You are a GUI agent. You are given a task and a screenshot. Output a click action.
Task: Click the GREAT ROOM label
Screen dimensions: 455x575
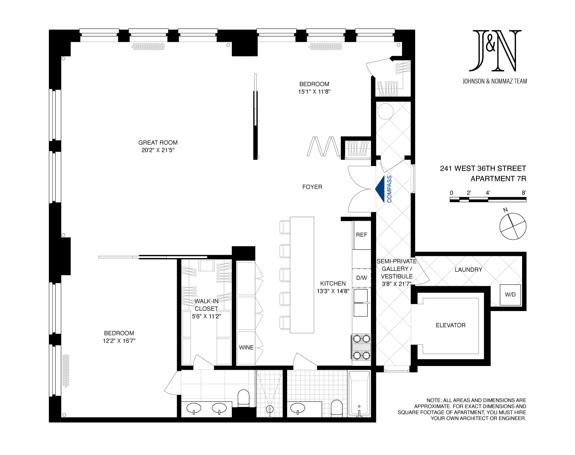(158, 143)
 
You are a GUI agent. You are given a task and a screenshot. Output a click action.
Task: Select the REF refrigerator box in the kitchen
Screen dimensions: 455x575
(361, 235)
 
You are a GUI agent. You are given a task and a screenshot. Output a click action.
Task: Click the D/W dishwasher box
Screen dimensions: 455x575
(361, 278)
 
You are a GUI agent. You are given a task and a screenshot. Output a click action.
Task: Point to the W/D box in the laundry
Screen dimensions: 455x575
(510, 295)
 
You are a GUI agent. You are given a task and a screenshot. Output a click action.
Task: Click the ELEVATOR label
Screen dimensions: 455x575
(450, 325)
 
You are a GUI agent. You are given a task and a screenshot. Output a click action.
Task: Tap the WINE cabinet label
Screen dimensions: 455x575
(246, 348)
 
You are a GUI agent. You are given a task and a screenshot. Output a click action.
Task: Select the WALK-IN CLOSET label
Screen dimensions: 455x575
(206, 305)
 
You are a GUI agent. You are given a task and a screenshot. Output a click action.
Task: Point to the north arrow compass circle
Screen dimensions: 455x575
(513, 226)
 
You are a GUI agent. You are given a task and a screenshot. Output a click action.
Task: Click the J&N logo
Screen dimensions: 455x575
(495, 51)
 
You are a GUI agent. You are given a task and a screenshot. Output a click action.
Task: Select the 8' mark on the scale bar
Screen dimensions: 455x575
(524, 193)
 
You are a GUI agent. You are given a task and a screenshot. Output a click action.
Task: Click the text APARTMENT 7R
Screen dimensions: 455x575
(498, 179)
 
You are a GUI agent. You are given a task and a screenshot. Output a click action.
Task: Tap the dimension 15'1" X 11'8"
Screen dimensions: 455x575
(314, 92)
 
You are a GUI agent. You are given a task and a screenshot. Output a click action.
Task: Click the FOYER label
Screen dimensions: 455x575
(312, 187)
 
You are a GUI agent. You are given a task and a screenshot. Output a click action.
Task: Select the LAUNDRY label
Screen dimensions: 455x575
(468, 270)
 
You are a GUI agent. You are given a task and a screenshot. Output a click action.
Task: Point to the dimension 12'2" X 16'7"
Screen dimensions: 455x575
(119, 341)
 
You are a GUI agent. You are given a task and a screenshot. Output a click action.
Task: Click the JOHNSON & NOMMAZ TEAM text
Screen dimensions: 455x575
(495, 81)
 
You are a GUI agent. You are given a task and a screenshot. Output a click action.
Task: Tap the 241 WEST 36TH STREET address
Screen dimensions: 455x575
(483, 168)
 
